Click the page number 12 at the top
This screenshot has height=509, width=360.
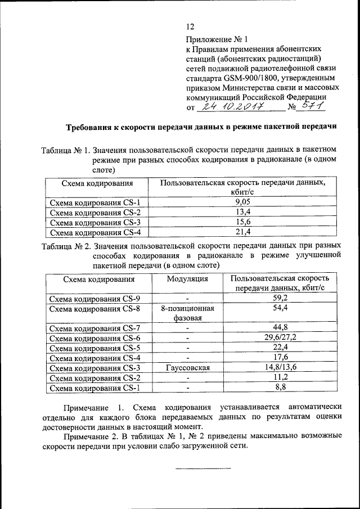pos(190,26)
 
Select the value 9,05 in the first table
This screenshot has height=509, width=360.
pos(243,202)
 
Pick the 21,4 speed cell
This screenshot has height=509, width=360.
pos(243,232)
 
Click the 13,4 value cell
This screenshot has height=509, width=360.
pos(243,212)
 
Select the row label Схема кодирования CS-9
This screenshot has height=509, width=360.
pos(95,299)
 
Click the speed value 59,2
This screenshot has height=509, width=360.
pos(280,299)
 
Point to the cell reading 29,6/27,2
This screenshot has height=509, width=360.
pos(280,338)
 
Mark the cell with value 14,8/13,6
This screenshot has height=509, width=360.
pos(280,368)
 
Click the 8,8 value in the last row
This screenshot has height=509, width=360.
pos(280,388)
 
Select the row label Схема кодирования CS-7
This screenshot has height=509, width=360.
pos(95,328)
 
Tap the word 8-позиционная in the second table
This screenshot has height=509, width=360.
pos(187,309)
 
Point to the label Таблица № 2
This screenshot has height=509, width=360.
pos(66,246)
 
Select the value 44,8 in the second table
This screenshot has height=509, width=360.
pos(280,328)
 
